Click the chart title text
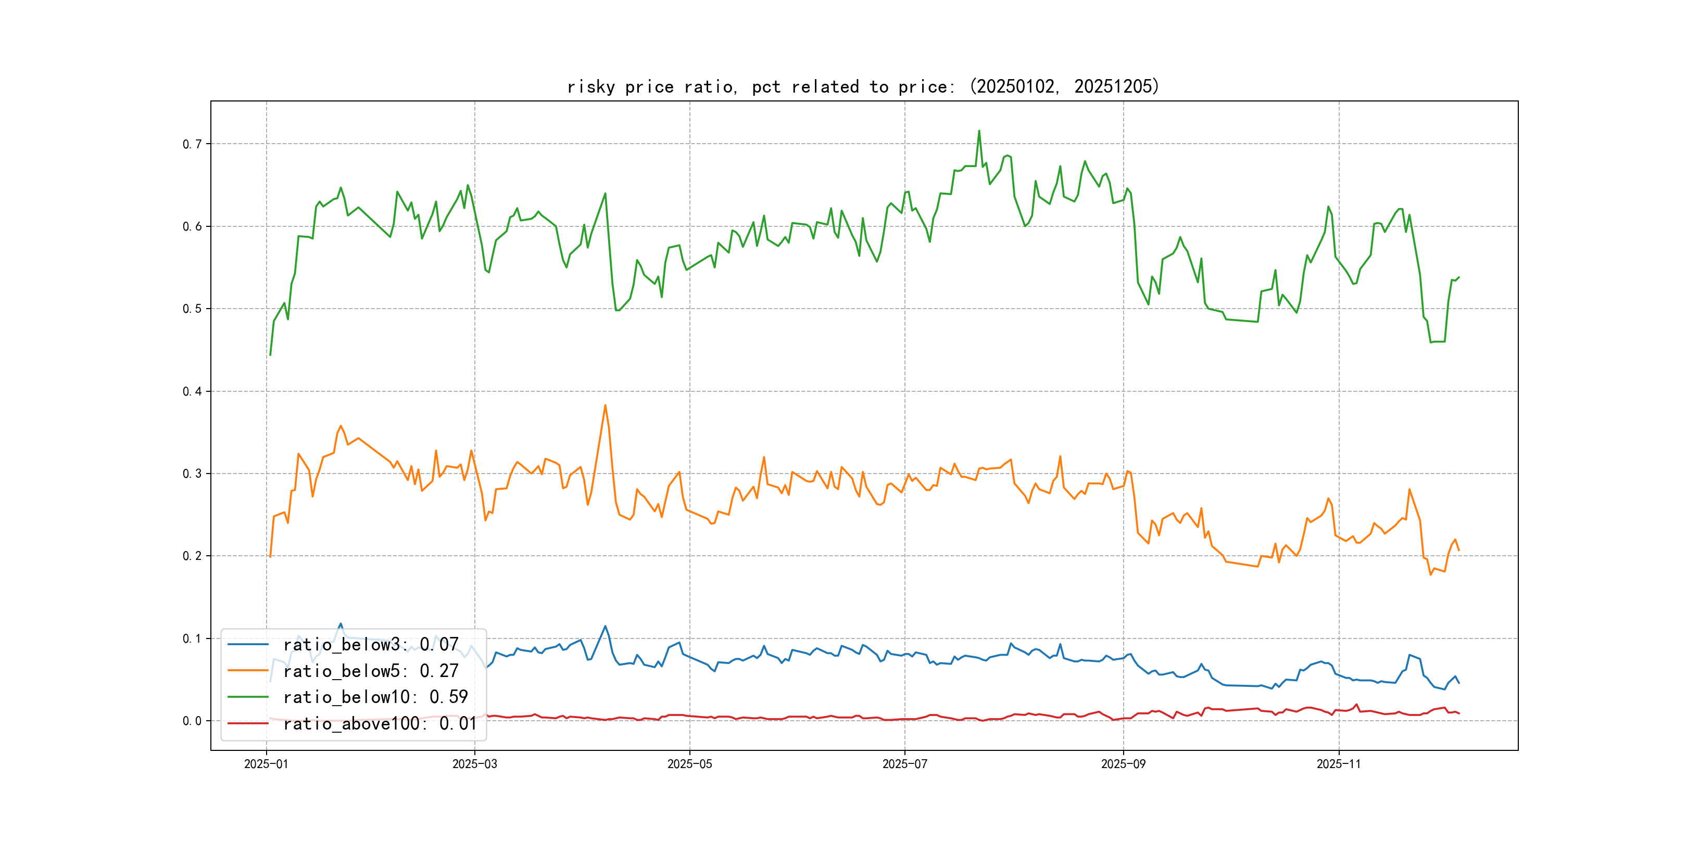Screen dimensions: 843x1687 862,86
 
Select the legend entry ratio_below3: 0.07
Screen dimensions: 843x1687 371,645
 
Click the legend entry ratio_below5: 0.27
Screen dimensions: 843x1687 371,671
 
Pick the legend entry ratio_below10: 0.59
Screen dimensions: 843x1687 375,697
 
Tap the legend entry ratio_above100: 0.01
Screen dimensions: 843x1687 380,723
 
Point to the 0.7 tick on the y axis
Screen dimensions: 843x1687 192,144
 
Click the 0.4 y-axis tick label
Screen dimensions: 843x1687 192,391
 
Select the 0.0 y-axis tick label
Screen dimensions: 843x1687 192,721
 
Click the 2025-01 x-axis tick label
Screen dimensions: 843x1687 266,764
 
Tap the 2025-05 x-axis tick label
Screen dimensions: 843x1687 689,764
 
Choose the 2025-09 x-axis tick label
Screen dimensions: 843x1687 1123,764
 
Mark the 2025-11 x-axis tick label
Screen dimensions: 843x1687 1339,764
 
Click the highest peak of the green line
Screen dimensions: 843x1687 979,131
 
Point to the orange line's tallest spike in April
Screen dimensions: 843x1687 605,405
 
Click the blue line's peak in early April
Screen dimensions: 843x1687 605,627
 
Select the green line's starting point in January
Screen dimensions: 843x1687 270,355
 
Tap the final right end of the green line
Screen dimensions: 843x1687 1459,277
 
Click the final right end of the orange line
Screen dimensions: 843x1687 1459,551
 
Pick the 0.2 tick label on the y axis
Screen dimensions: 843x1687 192,556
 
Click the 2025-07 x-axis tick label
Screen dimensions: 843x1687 904,764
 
